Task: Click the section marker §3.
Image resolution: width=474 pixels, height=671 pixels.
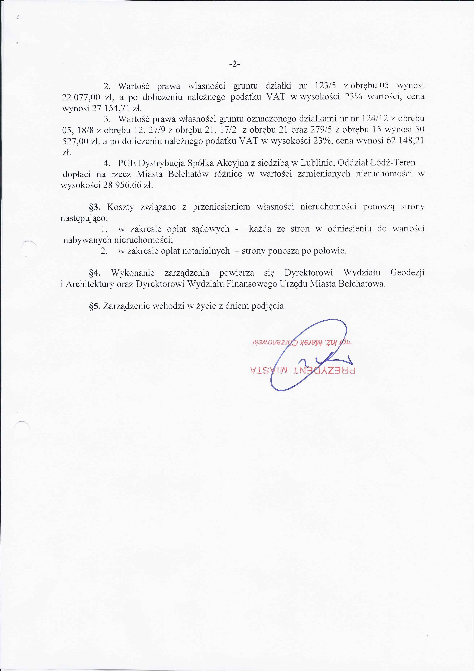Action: point(95,207)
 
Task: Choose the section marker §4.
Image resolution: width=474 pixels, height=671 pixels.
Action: point(95,273)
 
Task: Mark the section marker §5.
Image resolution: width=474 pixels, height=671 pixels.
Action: point(95,306)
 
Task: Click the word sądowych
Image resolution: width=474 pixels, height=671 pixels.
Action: point(210,229)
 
